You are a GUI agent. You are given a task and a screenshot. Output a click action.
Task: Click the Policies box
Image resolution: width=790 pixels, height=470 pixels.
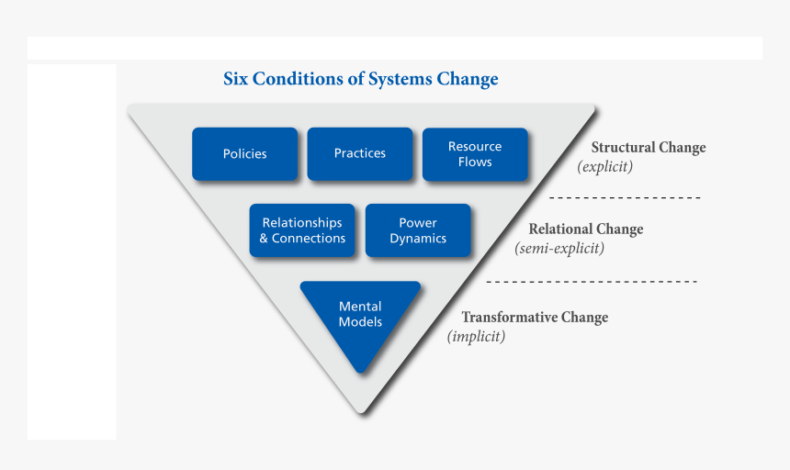[244, 153]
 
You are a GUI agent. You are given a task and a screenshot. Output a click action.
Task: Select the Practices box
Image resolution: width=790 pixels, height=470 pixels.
[359, 153]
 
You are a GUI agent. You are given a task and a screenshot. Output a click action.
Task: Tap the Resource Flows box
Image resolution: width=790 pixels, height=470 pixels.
[475, 153]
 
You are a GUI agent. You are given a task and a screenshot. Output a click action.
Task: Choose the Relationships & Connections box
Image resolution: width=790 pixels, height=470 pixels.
[302, 230]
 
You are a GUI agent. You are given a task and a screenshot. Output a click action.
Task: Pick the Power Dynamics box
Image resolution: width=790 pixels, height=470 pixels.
[418, 230]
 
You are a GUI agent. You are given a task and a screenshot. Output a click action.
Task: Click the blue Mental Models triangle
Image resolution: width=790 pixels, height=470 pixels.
[360, 317]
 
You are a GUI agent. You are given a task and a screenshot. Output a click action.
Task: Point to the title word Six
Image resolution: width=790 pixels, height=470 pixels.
[238, 79]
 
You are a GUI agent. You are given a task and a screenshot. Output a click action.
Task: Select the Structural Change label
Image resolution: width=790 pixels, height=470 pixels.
[648, 148]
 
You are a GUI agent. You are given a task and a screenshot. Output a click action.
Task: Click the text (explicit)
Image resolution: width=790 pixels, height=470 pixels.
[604, 167]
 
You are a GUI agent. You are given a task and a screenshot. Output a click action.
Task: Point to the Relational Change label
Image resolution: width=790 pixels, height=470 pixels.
[585, 229]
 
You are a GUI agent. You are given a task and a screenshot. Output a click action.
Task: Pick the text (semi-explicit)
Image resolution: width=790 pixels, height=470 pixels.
[559, 248]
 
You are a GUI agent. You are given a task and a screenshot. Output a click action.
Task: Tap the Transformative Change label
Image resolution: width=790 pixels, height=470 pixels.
[534, 318]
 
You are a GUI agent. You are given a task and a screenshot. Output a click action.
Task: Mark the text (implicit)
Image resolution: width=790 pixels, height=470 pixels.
[476, 336]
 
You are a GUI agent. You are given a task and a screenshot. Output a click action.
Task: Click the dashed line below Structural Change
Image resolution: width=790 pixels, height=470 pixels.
[625, 198]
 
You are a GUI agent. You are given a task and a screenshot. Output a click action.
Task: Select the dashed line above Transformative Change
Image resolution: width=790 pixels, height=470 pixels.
[591, 281]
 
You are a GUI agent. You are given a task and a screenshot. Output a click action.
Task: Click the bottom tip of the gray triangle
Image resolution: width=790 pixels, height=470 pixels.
[362, 410]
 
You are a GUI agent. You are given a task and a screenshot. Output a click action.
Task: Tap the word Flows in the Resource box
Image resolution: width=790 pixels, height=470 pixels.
[475, 162]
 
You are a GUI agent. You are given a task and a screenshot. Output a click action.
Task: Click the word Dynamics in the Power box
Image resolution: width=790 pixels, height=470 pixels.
[418, 239]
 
